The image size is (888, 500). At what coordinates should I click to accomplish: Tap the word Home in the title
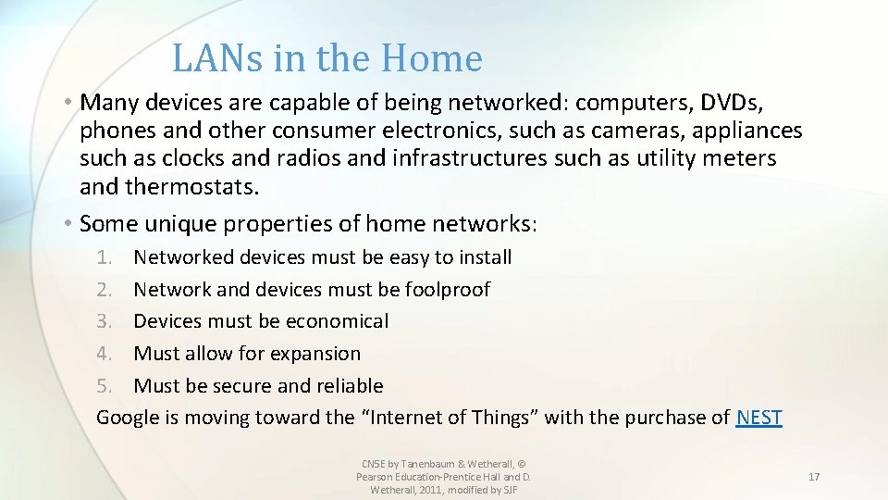437,58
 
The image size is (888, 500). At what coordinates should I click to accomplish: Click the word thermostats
191,188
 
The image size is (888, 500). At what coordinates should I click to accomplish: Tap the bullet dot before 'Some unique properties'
69,224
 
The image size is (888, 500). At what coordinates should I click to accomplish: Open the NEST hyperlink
758,418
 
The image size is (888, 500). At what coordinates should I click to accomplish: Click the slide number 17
814,477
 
